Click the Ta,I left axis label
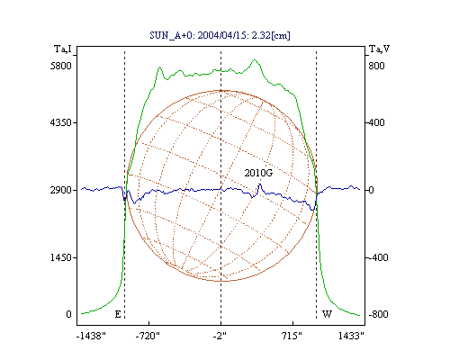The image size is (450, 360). point(63,49)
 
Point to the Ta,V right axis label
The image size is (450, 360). point(379,49)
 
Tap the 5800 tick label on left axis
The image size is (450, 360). point(61,66)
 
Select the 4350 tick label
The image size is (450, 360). point(61,122)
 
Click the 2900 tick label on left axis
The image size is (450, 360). point(61,190)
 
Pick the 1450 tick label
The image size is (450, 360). point(61,257)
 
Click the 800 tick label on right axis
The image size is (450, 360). point(376,66)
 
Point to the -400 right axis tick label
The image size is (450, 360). point(378,257)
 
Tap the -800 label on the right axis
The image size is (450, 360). point(378,314)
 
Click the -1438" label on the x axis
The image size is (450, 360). point(92,336)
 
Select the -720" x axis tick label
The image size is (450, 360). point(148,336)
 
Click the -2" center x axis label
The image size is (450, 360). point(220,336)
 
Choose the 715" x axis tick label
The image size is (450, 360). point(292,336)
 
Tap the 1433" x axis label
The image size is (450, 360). point(351,336)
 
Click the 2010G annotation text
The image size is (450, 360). point(258,173)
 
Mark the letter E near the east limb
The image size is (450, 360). point(118,314)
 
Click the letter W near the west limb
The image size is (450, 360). point(327,314)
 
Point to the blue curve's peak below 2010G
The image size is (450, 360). point(260,184)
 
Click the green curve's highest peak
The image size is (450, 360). point(255,59)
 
